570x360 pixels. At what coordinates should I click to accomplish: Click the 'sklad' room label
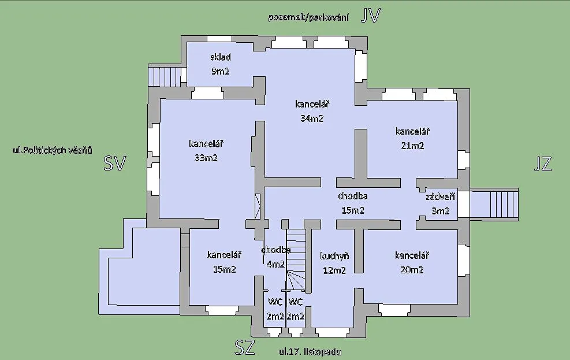[x=220, y=57]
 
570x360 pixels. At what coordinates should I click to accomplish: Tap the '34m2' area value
[x=312, y=118]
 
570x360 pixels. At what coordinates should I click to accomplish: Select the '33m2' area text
[x=206, y=158]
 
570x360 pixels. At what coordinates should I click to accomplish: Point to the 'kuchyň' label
[x=334, y=256]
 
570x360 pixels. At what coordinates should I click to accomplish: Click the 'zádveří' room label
[x=440, y=196]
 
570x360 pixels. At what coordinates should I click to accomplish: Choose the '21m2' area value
[x=412, y=146]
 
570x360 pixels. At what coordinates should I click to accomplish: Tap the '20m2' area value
[x=412, y=270]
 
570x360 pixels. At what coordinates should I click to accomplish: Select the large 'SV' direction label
[x=115, y=163]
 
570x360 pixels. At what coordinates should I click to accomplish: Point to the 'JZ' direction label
[x=543, y=164]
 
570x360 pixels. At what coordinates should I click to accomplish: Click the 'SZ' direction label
[x=245, y=347]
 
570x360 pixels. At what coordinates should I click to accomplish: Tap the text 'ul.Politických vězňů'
[x=53, y=150]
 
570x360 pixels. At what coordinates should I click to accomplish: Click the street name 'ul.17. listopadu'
[x=310, y=352]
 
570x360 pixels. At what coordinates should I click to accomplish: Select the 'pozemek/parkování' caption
[x=308, y=17]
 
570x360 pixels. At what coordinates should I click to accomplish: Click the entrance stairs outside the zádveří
[x=494, y=204]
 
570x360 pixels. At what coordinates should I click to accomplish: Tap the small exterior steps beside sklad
[x=165, y=76]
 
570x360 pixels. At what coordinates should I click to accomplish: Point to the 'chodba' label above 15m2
[x=353, y=196]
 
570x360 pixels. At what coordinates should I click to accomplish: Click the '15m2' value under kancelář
[x=224, y=269]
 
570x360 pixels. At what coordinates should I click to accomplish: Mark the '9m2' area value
[x=220, y=71]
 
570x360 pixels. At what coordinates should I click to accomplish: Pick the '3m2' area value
[x=440, y=211]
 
